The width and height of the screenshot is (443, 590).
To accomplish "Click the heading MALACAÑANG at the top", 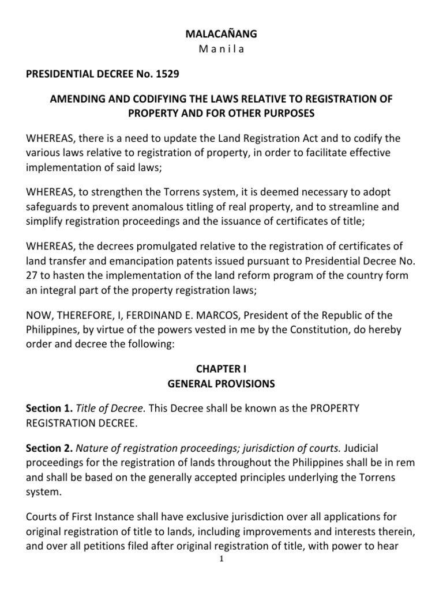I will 221,35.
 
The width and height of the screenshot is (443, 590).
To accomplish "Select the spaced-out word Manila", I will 221,49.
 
